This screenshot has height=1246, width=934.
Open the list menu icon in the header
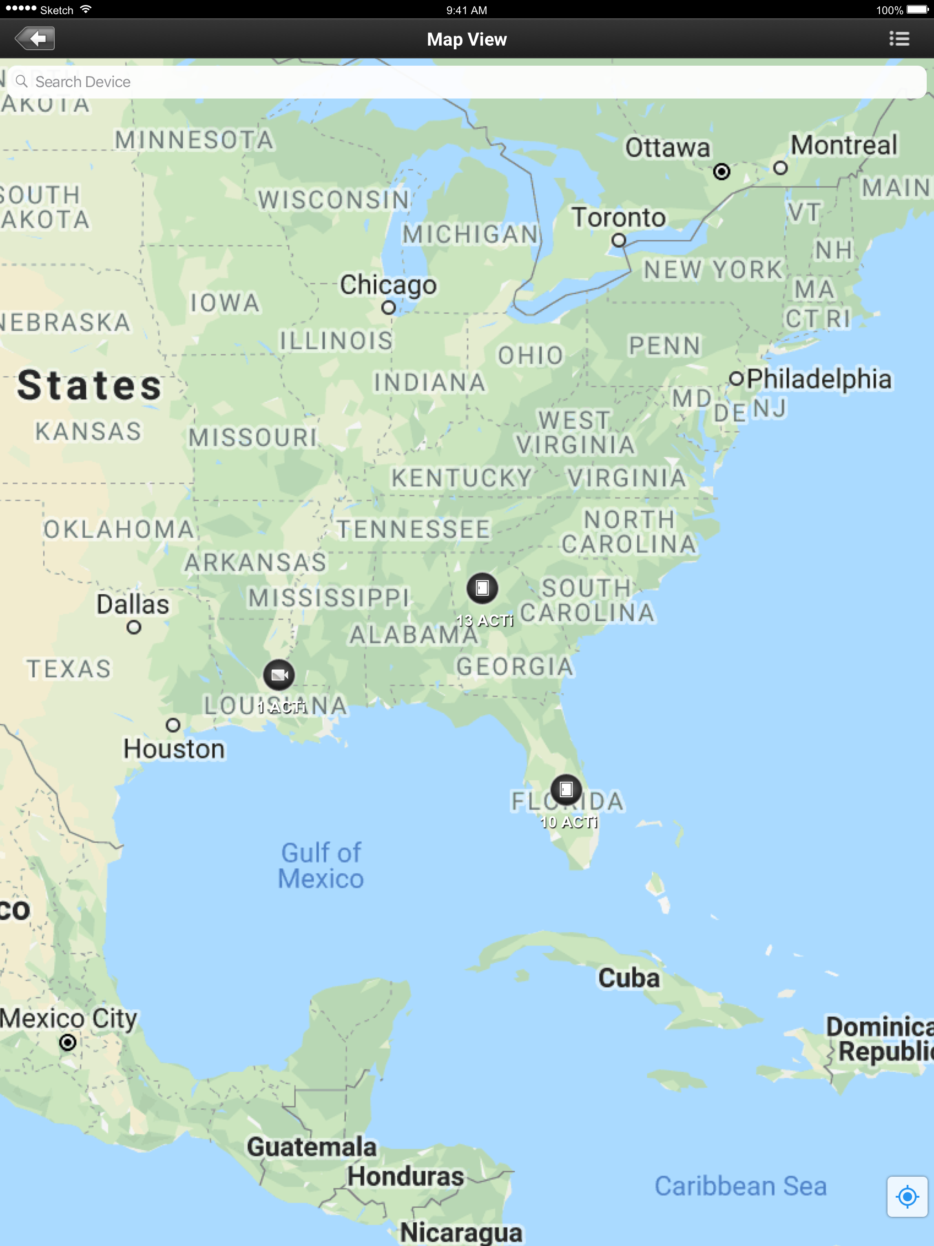pyautogui.click(x=899, y=39)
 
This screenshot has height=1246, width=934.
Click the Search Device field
pyautogui.click(x=467, y=82)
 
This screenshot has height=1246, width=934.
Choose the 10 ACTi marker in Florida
pyautogui.click(x=566, y=790)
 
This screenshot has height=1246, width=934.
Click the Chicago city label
pyautogui.click(x=388, y=285)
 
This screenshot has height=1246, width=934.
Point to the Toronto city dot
pyautogui.click(x=618, y=240)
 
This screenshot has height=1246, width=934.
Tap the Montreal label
pyautogui.click(x=843, y=145)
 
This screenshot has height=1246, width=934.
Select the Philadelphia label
pyautogui.click(x=820, y=379)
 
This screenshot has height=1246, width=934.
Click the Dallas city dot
pyautogui.click(x=134, y=627)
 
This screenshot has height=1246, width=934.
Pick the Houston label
pyautogui.click(x=174, y=749)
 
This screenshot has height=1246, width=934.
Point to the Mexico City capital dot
pyautogui.click(x=67, y=1043)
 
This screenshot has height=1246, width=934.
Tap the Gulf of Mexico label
pyautogui.click(x=321, y=866)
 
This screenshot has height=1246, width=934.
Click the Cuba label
pyautogui.click(x=629, y=978)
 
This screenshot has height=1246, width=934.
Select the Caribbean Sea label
pyautogui.click(x=740, y=1186)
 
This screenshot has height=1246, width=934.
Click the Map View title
pyautogui.click(x=467, y=39)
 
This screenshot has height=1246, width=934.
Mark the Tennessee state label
pyautogui.click(x=414, y=530)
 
